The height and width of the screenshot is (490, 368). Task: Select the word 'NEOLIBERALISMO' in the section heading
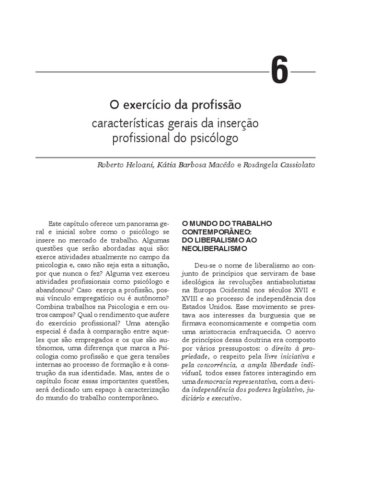coord(214,249)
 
